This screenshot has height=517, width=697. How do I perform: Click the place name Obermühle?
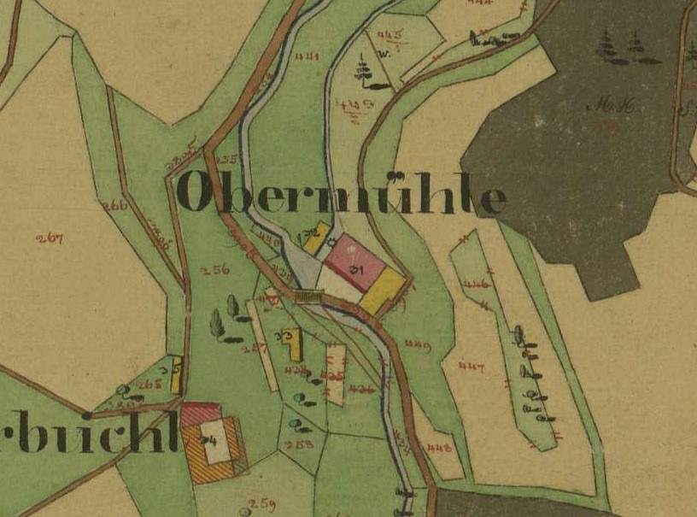coord(343,196)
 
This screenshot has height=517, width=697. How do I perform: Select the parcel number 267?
coord(50,238)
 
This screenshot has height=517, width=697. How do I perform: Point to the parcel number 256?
coord(215,269)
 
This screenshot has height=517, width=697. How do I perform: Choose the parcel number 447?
coord(471,367)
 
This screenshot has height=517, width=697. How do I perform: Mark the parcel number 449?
coord(417,344)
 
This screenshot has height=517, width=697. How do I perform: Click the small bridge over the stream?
coord(307,296)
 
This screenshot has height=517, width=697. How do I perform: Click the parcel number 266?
coord(114,205)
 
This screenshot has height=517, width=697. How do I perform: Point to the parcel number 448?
coord(440,446)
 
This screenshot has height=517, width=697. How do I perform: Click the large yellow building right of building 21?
coord(382,291)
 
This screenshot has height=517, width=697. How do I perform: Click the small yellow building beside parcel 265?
coord(175,375)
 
